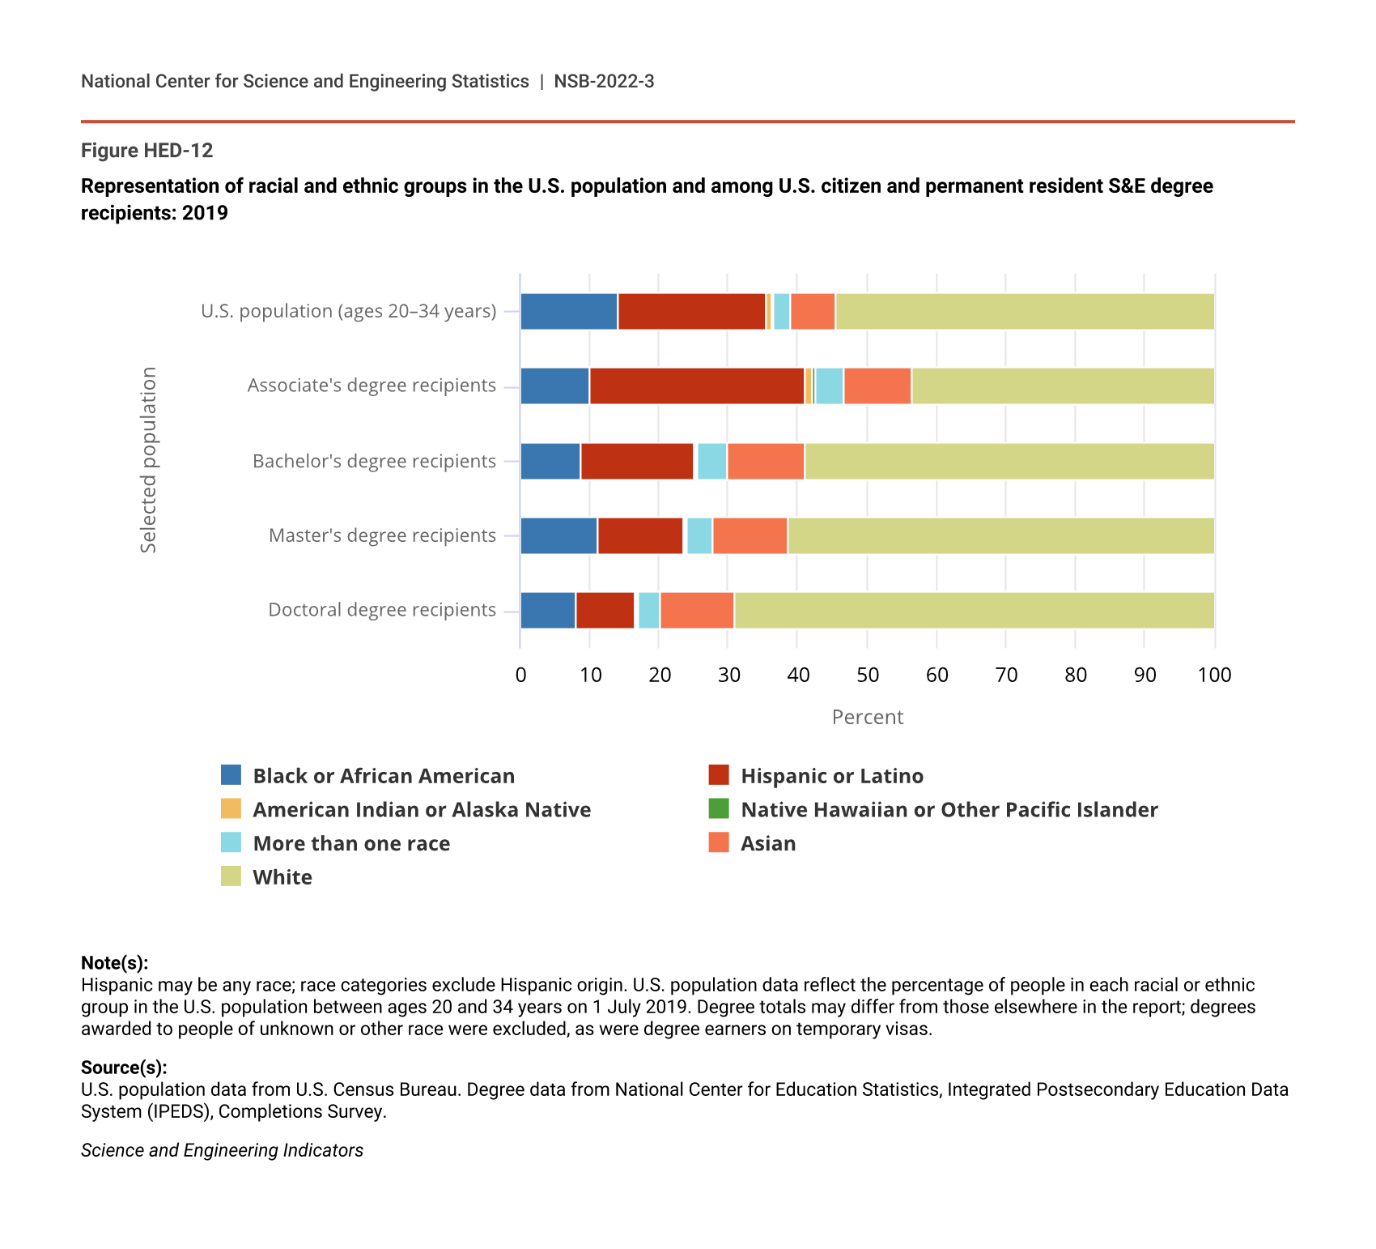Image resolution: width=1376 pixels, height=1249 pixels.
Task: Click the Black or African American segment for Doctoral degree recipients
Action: pyautogui.click(x=548, y=610)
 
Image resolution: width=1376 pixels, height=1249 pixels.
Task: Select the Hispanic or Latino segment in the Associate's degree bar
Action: pyautogui.click(x=697, y=386)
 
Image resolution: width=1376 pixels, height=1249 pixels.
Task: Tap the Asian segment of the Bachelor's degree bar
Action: pyautogui.click(x=766, y=461)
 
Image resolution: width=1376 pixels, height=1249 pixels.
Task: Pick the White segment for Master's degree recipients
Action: pyautogui.click(x=1000, y=535)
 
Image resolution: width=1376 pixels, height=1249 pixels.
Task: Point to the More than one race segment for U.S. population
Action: pyautogui.click(x=781, y=311)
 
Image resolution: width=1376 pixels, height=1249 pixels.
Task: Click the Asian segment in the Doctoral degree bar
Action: pyautogui.click(x=697, y=610)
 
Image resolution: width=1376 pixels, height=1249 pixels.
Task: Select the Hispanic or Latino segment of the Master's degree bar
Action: pyautogui.click(x=640, y=535)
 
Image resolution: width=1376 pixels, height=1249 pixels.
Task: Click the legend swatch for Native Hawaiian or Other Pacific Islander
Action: pyautogui.click(x=719, y=809)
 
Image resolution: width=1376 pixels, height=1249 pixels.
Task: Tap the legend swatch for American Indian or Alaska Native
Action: pyautogui.click(x=231, y=809)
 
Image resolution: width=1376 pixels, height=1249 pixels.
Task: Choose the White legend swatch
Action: pyautogui.click(x=231, y=876)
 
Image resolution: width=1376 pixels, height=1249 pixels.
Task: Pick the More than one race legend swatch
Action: pyautogui.click(x=231, y=842)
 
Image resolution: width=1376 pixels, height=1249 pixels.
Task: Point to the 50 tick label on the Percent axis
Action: pyautogui.click(x=868, y=675)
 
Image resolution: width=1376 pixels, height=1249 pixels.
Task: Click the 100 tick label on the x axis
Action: pyautogui.click(x=1214, y=675)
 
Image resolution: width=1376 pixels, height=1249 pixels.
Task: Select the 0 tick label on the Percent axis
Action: pyautogui.click(x=520, y=675)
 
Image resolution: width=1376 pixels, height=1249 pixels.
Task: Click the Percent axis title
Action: pyautogui.click(x=867, y=717)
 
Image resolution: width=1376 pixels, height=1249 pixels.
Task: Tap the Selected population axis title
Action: pyautogui.click(x=148, y=460)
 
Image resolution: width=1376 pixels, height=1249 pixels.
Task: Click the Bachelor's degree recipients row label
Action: pyautogui.click(x=374, y=461)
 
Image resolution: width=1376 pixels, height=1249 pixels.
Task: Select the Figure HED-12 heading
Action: pyautogui.click(x=147, y=151)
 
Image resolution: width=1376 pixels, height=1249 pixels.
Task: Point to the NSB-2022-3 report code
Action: pyautogui.click(x=604, y=81)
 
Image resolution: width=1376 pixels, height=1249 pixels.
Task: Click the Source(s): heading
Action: pyautogui.click(x=124, y=1067)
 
